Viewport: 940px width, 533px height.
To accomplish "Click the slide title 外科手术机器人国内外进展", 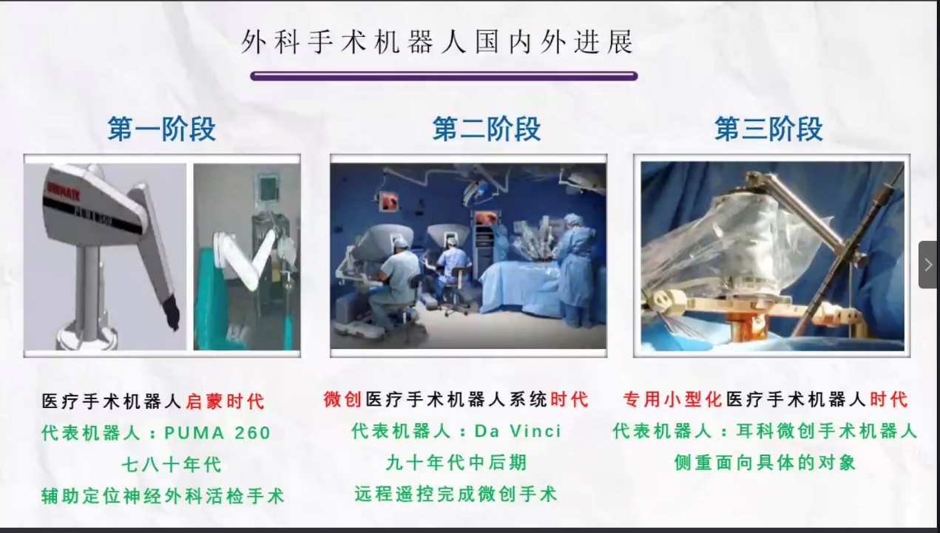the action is tap(437, 42).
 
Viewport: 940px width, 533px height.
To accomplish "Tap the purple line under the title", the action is tap(444, 76).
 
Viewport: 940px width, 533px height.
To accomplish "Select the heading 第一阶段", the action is tap(161, 129).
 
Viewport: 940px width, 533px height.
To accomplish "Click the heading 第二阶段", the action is tap(487, 129).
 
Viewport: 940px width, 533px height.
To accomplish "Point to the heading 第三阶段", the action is tap(768, 129).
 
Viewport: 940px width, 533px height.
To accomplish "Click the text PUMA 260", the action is tap(217, 432).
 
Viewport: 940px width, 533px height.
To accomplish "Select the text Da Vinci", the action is tap(518, 431).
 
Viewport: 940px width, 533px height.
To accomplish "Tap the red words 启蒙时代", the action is tap(225, 401).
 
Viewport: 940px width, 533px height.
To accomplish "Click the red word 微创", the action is tap(342, 399).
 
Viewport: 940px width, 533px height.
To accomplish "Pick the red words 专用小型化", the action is tap(672, 399).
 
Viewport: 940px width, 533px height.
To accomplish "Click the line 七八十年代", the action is tap(172, 465).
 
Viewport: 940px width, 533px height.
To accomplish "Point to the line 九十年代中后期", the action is tap(456, 463).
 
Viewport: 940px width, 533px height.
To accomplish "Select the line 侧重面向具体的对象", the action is tap(765, 463).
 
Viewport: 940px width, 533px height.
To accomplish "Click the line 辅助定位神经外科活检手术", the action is tap(163, 496).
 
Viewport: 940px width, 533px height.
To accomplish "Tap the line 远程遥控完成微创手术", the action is tap(456, 494).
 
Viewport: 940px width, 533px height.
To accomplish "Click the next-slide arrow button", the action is tap(928, 265).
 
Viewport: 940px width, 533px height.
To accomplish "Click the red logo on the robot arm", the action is tap(63, 193).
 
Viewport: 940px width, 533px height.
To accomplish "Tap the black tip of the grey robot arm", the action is tap(172, 313).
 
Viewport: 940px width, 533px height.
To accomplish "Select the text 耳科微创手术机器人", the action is tap(827, 431).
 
